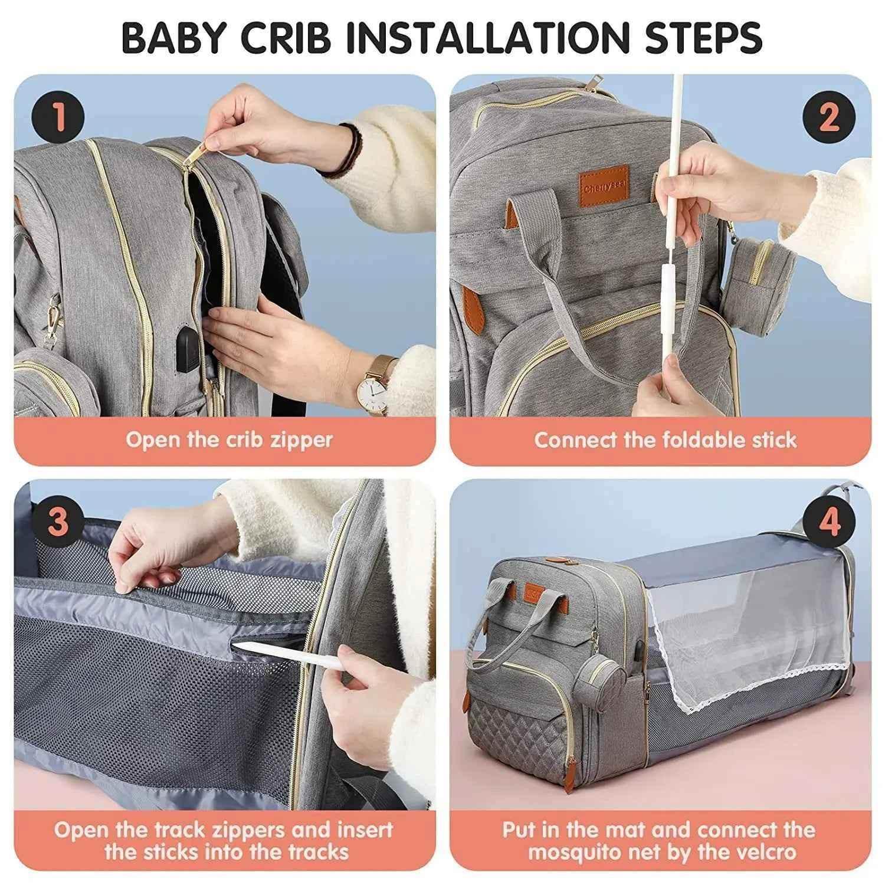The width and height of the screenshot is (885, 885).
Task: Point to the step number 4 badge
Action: [829, 522]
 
